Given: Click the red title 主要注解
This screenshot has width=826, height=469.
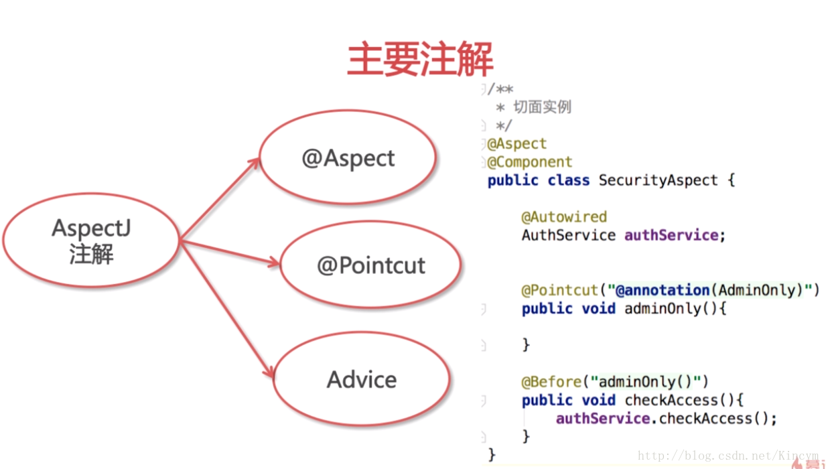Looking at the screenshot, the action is point(420,59).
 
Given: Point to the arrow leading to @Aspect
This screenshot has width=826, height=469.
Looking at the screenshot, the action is point(220,199).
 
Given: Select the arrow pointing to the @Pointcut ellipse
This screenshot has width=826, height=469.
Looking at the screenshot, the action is point(230,252).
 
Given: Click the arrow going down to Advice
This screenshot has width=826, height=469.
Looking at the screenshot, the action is point(227,309).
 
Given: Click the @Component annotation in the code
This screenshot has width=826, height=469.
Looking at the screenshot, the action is point(529,162).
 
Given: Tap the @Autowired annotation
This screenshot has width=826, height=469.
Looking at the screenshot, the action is point(564,217).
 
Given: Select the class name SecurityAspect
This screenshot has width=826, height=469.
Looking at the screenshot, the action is point(659,180).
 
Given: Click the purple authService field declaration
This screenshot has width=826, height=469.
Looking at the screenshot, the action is point(671,235).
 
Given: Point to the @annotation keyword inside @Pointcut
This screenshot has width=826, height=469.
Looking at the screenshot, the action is point(663,290).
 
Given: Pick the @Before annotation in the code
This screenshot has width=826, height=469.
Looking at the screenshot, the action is point(551,382).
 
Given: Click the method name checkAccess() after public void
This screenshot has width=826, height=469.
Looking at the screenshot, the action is point(679,400).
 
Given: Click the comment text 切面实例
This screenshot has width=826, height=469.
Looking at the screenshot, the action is point(543,107).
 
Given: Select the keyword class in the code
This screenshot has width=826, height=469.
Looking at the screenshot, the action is point(569,180).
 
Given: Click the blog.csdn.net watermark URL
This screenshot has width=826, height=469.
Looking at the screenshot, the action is point(728,456).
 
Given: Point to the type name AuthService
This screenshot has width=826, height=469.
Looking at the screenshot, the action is point(569,235).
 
